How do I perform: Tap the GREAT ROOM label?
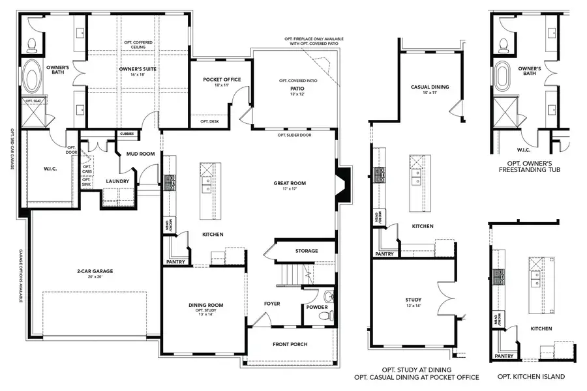[289, 183]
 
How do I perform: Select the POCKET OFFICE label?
[222, 80]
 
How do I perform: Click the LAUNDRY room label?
[117, 181]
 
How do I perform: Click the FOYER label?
[272, 303]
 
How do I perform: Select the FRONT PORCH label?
[290, 344]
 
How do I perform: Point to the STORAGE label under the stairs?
[306, 251]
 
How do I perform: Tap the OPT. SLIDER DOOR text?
[292, 135]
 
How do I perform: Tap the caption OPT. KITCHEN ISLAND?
[530, 377]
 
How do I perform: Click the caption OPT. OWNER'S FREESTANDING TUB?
[534, 166]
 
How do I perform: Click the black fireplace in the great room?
[343, 183]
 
